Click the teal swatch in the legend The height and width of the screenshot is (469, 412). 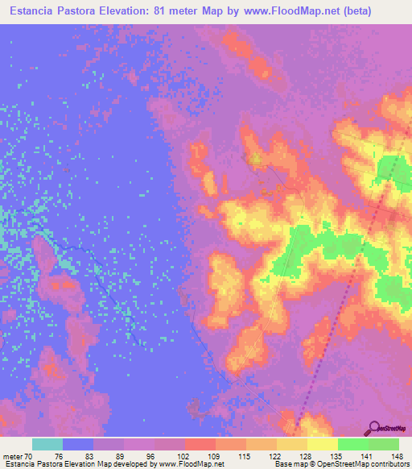47,444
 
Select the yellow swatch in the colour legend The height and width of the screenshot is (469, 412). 322,444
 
